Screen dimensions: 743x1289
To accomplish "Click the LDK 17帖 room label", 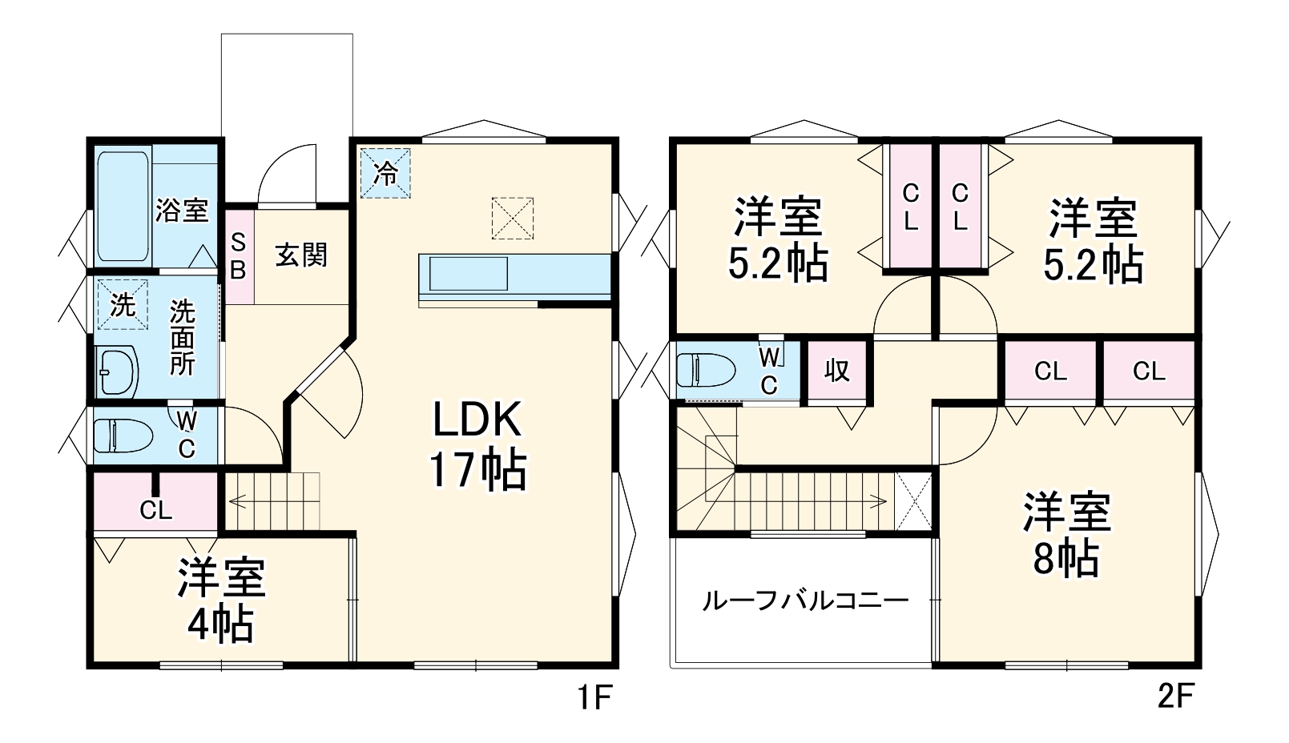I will click(477, 444).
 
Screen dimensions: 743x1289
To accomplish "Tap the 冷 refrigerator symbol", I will click(385, 172).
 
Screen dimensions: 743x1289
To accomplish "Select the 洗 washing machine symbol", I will click(123, 304).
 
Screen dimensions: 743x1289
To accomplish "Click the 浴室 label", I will click(182, 211).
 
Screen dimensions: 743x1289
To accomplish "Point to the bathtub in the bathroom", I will click(123, 207).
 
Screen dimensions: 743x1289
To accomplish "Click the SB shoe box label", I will click(238, 256).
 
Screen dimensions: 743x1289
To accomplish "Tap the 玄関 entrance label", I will click(301, 255).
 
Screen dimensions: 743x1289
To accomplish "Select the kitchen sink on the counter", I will click(468, 274).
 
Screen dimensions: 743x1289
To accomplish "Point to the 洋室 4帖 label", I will click(220, 600).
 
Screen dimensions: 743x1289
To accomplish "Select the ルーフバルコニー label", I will click(804, 600).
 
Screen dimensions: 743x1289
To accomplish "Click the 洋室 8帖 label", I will click(1065, 535).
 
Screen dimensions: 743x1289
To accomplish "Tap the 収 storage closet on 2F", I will click(836, 371).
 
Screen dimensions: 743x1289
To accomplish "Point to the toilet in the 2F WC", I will click(706, 370).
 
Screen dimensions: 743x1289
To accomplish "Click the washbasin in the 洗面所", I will click(117, 371).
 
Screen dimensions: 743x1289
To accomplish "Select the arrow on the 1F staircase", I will click(238, 502).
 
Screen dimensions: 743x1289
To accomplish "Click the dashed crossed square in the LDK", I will click(512, 218).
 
